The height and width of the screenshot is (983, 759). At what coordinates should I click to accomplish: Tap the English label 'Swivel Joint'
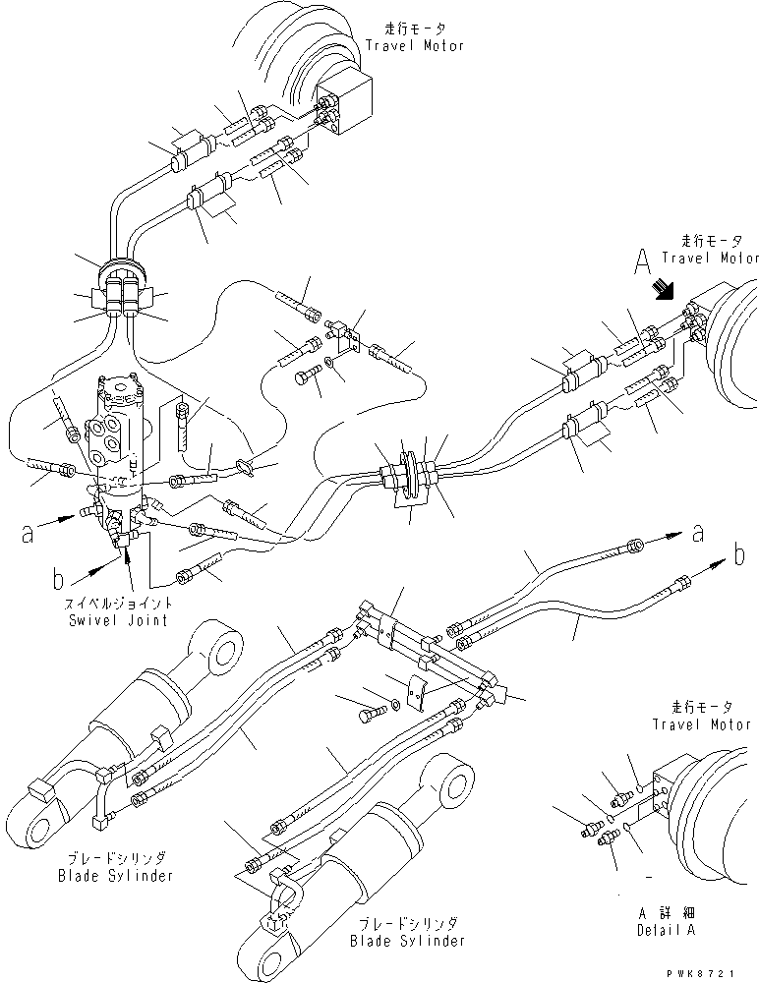(x=119, y=620)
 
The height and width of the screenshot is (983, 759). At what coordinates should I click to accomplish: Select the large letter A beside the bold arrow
(x=643, y=260)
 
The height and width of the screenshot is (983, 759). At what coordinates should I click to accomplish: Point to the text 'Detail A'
(x=663, y=930)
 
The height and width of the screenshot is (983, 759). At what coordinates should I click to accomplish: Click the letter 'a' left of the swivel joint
(x=29, y=534)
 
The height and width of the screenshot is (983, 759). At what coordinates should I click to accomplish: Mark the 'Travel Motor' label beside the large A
(x=710, y=258)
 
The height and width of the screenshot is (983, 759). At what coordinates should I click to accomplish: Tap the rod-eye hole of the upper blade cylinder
(x=225, y=651)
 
